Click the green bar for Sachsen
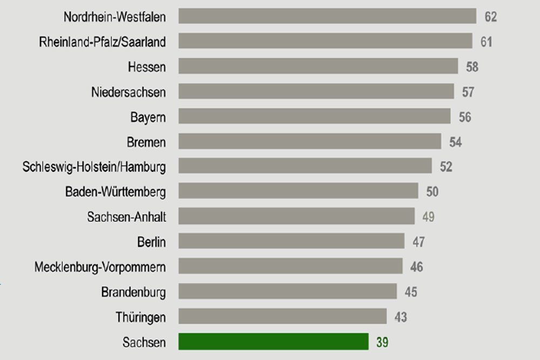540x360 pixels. pos(273,342)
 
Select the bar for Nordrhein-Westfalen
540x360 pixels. pos(327,16)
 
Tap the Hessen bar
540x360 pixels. pos(318,66)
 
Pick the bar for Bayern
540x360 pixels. pos(314,117)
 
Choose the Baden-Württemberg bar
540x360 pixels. pos(298,191)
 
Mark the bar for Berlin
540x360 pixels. pos(291,241)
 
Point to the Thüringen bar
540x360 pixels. pos(282,316)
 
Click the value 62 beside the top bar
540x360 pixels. pos(490,17)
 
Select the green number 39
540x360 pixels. pos(382,342)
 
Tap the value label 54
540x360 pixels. pos(455,142)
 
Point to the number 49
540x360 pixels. pos(428,217)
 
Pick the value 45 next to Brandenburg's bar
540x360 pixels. pos(411,292)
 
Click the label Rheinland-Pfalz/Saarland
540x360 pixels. pos(102,42)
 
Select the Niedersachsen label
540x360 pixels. pos(129,92)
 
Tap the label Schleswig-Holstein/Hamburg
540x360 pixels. pos(94,167)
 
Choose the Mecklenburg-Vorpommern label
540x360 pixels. pos(100,267)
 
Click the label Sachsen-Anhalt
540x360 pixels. pos(126,217)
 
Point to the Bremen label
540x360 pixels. pos(146,142)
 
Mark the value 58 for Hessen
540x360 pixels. pos(472,67)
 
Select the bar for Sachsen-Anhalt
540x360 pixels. pos(296,216)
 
